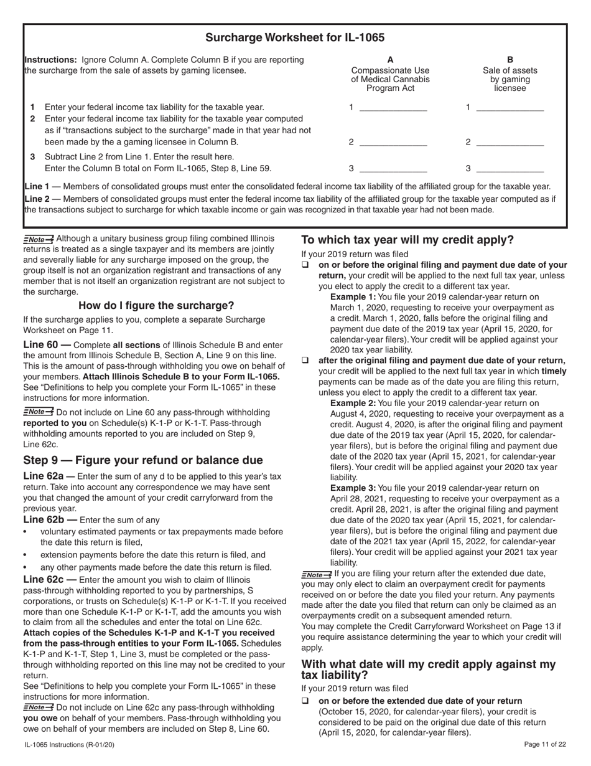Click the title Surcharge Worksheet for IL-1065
[x=295, y=37]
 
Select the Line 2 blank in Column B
[x=510, y=142]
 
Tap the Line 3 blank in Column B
[x=510, y=169]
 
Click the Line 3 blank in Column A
[x=393, y=169]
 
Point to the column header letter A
[x=390, y=60]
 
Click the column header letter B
[x=510, y=60]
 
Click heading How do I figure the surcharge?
[x=156, y=306]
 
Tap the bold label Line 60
[x=43, y=344]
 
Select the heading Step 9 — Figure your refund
[x=143, y=460]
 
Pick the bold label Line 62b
[x=46, y=519]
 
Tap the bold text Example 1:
[x=353, y=297]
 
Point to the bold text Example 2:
[x=353, y=403]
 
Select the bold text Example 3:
[x=353, y=488]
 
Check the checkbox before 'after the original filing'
[x=305, y=361]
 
